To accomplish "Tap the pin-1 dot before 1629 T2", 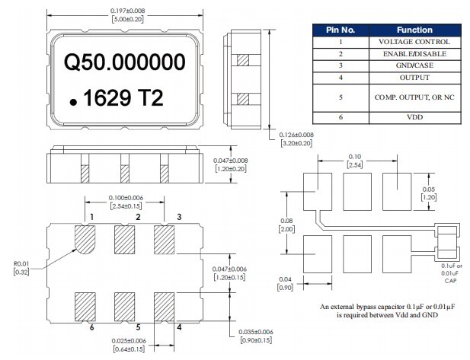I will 72,101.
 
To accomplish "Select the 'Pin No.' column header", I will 341,30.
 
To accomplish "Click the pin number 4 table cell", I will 341,78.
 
